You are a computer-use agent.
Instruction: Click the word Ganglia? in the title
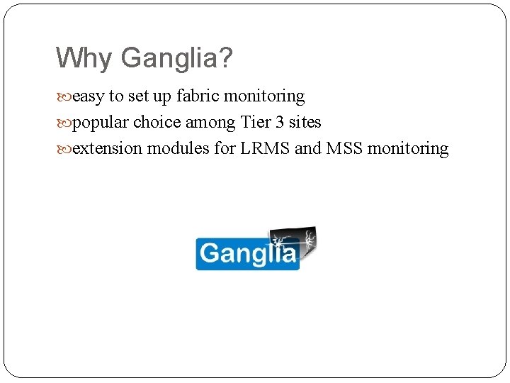(x=176, y=58)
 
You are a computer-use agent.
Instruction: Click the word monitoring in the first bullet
(x=263, y=96)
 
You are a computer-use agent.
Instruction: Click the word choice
(x=157, y=122)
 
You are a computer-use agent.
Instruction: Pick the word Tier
(x=256, y=122)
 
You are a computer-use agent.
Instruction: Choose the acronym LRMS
(x=259, y=148)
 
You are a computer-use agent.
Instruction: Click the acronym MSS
(x=344, y=148)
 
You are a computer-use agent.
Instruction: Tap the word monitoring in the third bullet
(x=408, y=148)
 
